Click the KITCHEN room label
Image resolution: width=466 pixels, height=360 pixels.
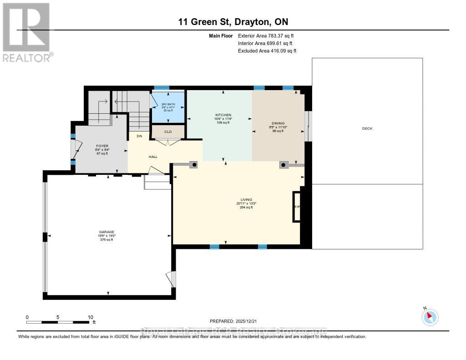[x=223, y=115]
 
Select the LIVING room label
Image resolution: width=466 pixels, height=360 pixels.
[x=246, y=200]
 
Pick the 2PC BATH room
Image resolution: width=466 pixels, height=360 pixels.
[x=168, y=107]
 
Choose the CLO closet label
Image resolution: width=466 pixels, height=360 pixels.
[x=168, y=132]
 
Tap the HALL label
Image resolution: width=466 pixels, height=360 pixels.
[x=153, y=156]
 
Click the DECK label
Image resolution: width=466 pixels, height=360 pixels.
[x=367, y=128]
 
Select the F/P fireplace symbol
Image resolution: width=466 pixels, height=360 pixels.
[x=297, y=207]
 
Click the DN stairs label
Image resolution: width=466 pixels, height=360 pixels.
[x=139, y=136]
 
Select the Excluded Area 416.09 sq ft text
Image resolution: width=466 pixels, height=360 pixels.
[x=267, y=51]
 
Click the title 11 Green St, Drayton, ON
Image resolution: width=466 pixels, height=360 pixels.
[x=233, y=22]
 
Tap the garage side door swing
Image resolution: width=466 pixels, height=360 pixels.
[x=171, y=279]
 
